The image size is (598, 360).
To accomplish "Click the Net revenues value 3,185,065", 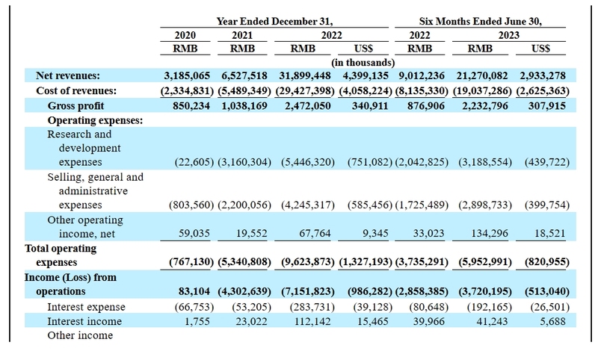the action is (187, 75).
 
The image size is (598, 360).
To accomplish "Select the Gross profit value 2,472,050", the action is (308, 105).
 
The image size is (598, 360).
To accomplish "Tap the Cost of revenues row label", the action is (76, 90).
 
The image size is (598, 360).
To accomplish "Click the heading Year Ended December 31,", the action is (274, 22).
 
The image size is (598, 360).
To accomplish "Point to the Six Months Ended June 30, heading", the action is (480, 22).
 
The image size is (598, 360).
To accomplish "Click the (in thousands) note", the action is (363, 63).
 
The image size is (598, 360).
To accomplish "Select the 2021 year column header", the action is (242, 35).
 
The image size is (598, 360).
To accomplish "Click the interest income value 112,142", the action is (312, 321).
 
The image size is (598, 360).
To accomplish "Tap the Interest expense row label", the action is (86, 307).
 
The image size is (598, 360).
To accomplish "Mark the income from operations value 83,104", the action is (194, 291).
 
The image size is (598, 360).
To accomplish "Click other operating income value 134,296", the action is (490, 233).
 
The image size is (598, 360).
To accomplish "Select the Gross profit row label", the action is (75, 106).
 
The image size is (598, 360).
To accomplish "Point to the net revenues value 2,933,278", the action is (543, 75).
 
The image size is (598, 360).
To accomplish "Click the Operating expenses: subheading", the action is (95, 120).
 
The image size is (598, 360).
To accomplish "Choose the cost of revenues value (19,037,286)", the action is (482, 90).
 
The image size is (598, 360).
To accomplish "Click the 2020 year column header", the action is (185, 35).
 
